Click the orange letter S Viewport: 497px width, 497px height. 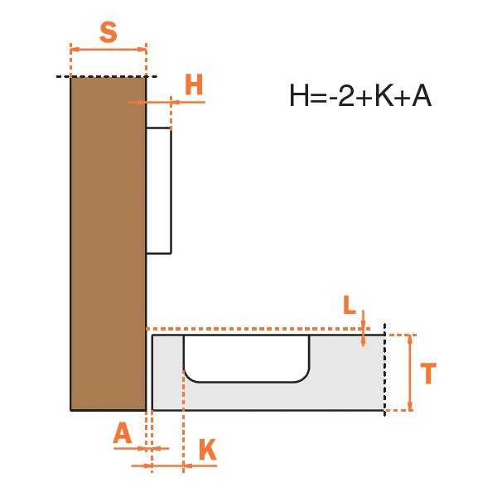point(108,32)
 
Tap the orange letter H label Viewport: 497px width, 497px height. point(194,84)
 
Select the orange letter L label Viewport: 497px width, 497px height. point(350,305)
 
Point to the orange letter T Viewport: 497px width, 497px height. point(428,374)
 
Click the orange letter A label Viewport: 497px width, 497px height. point(123,433)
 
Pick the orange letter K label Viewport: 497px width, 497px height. point(208,449)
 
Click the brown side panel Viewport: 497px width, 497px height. point(108,244)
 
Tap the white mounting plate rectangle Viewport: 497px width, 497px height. point(159,191)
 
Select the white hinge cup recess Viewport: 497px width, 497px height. point(246,358)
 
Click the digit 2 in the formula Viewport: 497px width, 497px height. point(345,96)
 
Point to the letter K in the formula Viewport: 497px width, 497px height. point(384,96)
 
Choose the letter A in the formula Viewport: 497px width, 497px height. point(422,96)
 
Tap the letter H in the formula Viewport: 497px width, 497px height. point(299,96)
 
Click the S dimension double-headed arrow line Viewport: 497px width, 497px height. point(108,50)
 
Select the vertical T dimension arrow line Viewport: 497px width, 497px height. point(410,373)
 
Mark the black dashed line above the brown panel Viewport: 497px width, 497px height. point(107,76)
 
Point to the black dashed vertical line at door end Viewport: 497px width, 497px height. point(385,370)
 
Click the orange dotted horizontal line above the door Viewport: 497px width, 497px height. point(258,329)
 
